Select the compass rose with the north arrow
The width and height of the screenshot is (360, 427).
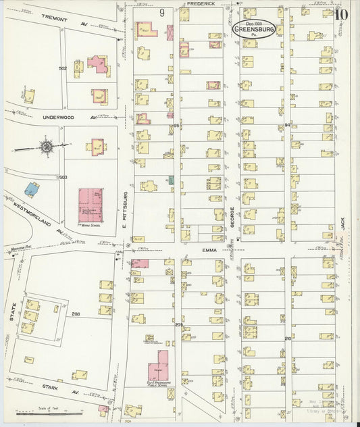click(x=47, y=146)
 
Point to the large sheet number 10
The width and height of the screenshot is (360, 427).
click(x=341, y=14)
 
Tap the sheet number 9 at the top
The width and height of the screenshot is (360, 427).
click(x=162, y=12)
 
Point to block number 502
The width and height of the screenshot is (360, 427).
click(x=63, y=69)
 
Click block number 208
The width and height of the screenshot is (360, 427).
click(x=76, y=314)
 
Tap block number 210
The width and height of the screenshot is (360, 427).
click(x=287, y=338)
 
